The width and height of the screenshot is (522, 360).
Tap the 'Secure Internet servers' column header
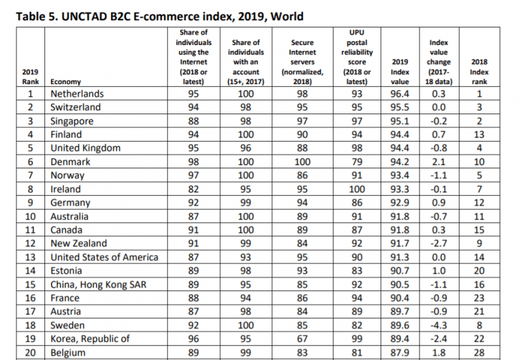[302, 57]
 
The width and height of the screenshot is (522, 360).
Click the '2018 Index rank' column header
[480, 72]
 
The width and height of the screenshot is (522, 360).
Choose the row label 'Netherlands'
[77, 94]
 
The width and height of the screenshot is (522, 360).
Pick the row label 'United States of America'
[104, 257]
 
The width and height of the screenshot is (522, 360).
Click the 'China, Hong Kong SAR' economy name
[97, 284]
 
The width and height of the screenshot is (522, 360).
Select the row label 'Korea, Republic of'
[90, 339]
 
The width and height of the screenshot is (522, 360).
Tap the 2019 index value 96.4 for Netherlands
[399, 94]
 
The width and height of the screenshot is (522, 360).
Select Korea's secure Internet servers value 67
[302, 339]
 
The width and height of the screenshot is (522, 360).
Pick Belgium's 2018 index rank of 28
[480, 353]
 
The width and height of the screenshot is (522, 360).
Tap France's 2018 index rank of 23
[480, 298]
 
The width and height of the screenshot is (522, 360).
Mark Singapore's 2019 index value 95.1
[399, 121]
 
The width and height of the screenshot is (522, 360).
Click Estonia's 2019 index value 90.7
[399, 271]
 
